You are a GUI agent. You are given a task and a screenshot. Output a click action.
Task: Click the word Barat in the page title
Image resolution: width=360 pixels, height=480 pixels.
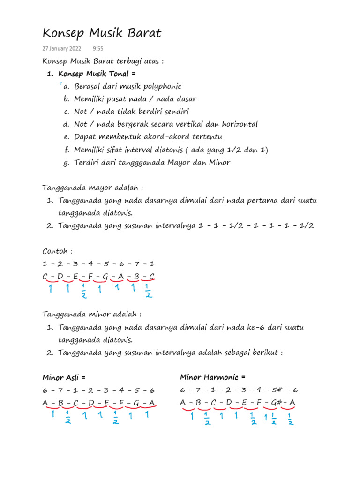coord(142,33)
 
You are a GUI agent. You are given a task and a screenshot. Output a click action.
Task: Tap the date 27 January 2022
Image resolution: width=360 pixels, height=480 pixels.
coord(61,49)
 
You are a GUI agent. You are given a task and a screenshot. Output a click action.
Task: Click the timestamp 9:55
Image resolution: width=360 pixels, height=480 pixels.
coord(98,49)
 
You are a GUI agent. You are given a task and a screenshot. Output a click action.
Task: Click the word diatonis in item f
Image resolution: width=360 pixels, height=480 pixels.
coord(170,150)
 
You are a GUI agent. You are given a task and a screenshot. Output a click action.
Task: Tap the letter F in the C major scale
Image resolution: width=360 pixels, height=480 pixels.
coord(90,276)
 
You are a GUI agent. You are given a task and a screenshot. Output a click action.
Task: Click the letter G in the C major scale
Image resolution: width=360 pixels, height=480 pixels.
coord(105,276)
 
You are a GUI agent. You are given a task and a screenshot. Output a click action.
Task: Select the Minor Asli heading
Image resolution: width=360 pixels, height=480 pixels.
coord(64,377)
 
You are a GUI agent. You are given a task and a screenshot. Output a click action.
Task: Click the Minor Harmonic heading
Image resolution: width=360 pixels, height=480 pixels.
coord(212,377)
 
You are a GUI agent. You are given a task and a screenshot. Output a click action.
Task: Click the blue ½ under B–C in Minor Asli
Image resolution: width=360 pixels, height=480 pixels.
coord(68,417)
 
